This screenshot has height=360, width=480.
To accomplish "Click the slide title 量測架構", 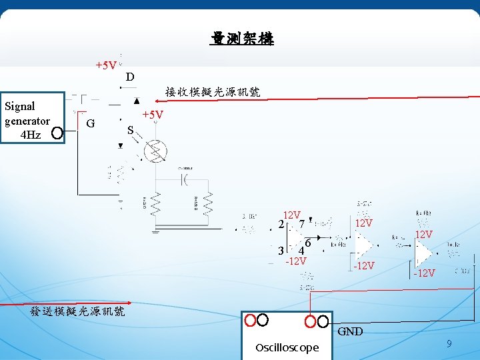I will pyautogui.click(x=241, y=39).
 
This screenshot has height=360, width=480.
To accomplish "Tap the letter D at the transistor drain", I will pyautogui.click(x=130, y=77).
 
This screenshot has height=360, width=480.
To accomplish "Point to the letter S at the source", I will pyautogui.click(x=131, y=129).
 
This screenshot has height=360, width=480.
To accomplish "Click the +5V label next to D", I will pyautogui.click(x=106, y=65).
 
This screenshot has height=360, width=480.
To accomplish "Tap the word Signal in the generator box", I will pyautogui.click(x=20, y=106).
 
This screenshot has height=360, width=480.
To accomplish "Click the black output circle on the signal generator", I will pyautogui.click(x=57, y=133).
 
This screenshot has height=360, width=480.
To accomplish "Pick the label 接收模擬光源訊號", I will pyautogui.click(x=212, y=92).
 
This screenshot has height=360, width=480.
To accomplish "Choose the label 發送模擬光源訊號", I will pyautogui.click(x=78, y=311).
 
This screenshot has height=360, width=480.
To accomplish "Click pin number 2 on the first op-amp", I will pyautogui.click(x=281, y=225).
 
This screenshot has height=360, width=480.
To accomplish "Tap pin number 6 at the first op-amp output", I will pyautogui.click(x=308, y=241).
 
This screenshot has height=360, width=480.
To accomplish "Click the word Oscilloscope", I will pyautogui.click(x=287, y=348).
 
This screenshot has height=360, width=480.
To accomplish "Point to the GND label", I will pyautogui.click(x=350, y=331).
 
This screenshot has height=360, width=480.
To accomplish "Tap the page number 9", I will pyautogui.click(x=449, y=344).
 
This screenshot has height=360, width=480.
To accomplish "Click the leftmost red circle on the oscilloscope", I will pyautogui.click(x=250, y=321).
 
